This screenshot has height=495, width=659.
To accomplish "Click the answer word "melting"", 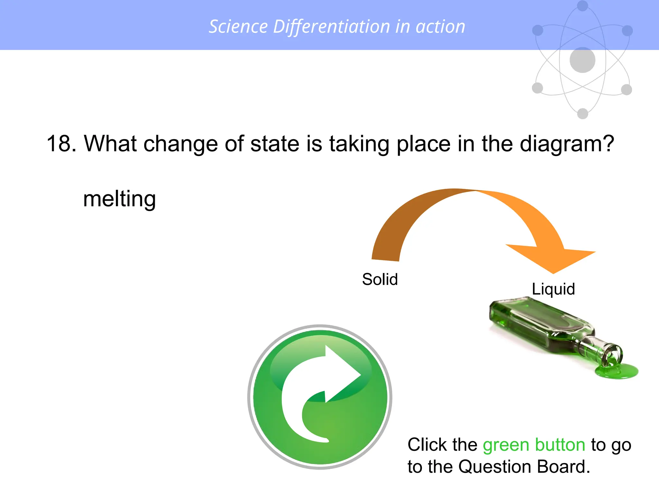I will (x=119, y=199).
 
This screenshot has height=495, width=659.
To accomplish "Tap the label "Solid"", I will (x=380, y=279).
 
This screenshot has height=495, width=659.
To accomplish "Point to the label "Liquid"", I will (x=553, y=289).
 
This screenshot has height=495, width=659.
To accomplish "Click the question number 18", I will (x=61, y=143).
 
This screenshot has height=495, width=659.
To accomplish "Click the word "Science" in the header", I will (x=238, y=26).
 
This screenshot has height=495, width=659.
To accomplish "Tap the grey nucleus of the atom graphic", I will (x=582, y=60).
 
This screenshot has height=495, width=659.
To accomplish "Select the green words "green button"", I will (x=534, y=445).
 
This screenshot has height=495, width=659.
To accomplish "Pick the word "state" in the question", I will (x=275, y=143).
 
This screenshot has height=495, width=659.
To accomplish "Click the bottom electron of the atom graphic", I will (x=582, y=113).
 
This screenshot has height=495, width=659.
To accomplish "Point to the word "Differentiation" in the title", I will (x=331, y=26).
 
